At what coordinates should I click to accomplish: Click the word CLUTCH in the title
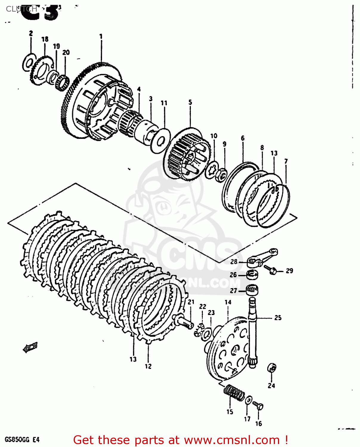click(21, 9)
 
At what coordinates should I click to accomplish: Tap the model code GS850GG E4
click(22, 440)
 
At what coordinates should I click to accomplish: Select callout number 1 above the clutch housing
click(101, 36)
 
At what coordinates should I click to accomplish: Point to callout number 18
click(45, 39)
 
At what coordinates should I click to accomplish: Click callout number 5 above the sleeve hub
click(190, 103)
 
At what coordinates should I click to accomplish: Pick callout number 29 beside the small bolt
click(289, 271)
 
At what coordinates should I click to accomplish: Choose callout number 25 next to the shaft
click(278, 318)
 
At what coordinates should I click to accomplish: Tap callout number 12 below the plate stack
click(148, 366)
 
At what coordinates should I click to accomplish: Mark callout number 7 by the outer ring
click(286, 161)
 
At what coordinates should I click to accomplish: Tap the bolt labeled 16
click(259, 406)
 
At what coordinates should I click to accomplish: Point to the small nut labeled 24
click(272, 368)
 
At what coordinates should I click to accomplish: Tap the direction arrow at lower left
click(30, 347)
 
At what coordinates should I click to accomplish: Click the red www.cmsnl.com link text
click(232, 440)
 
